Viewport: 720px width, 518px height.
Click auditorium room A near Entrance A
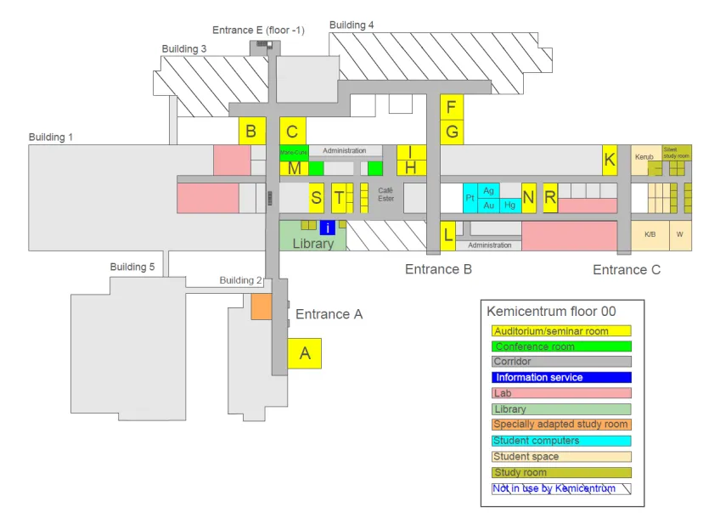point(305,353)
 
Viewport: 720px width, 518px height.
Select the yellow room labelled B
point(251,131)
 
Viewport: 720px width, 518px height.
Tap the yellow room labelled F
point(451,106)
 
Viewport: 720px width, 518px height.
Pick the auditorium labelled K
point(609,159)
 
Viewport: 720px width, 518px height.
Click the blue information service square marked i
point(328,227)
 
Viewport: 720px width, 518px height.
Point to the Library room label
point(312,243)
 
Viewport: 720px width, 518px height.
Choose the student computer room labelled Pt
point(470,199)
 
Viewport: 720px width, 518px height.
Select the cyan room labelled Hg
point(509,205)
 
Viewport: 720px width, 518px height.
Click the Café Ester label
point(386,194)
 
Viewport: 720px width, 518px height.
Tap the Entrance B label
point(438,269)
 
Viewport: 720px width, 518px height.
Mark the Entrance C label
point(626,269)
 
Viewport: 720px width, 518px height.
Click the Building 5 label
point(132,267)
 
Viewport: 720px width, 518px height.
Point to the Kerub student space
point(644,157)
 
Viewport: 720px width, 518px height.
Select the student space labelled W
point(679,234)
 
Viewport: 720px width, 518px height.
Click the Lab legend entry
point(561,393)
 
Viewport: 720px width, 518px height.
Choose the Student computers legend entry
point(561,441)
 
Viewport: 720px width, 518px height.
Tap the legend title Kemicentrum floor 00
point(551,312)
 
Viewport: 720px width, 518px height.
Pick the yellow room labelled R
point(549,198)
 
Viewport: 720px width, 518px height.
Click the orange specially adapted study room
point(261,307)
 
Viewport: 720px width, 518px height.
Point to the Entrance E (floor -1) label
point(258,31)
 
